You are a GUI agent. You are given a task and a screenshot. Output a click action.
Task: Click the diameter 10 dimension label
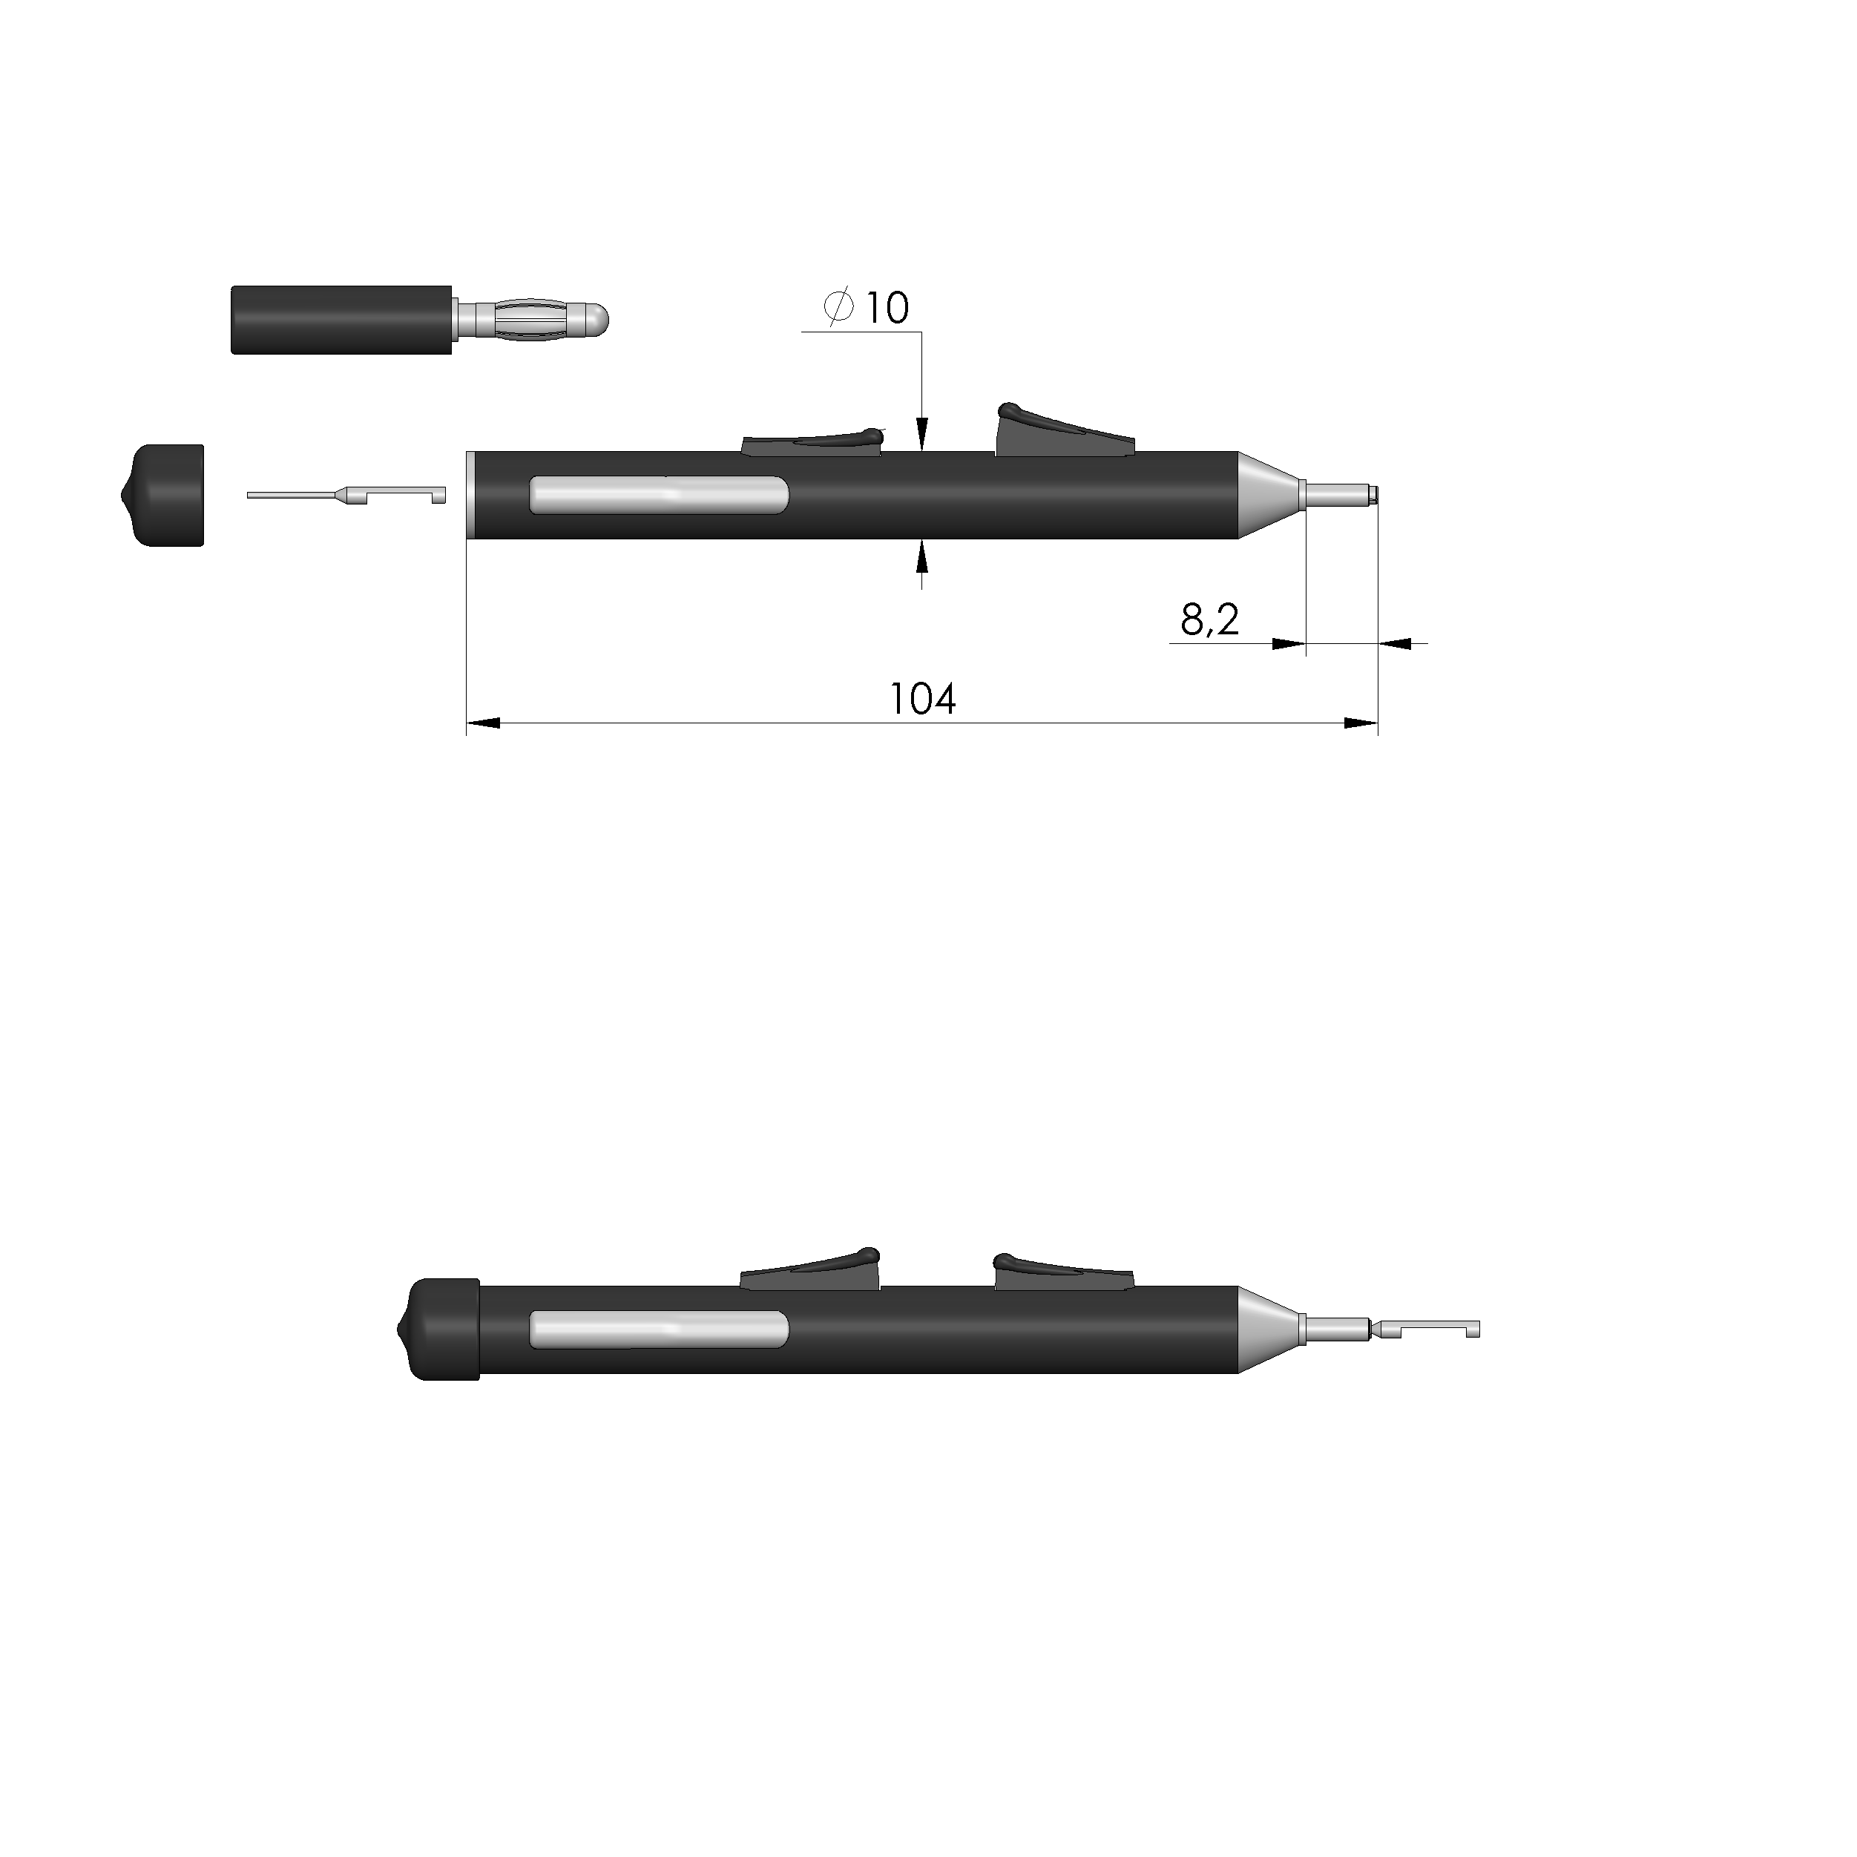pos(866,308)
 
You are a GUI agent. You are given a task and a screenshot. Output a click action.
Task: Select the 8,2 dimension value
pos(1210,620)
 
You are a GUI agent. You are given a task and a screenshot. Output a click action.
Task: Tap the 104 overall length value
pos(923,699)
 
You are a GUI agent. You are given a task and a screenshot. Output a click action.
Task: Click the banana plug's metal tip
pos(531,318)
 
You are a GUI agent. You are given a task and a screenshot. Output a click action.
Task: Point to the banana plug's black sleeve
pos(342,319)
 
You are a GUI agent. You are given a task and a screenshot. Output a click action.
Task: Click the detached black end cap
pos(162,495)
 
